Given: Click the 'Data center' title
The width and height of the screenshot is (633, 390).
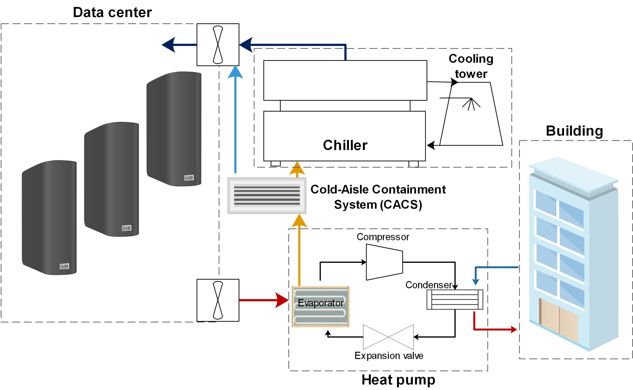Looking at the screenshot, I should click(x=112, y=12).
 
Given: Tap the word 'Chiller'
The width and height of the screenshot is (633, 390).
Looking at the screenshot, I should click(x=345, y=145).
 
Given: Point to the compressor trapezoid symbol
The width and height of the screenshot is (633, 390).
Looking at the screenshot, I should click(x=384, y=262).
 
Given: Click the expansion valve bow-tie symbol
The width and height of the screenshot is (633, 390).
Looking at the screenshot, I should click(x=388, y=337).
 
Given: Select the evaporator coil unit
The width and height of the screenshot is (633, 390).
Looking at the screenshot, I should click(x=320, y=306).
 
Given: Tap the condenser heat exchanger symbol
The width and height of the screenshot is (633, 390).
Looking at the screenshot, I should click(x=455, y=299).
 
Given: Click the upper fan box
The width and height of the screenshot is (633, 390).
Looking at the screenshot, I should click(x=218, y=45).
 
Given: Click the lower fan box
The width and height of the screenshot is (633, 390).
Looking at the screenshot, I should click(x=218, y=300).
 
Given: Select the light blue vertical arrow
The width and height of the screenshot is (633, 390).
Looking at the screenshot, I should click(x=235, y=121).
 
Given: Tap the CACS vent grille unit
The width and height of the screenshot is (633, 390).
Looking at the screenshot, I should click(x=267, y=195).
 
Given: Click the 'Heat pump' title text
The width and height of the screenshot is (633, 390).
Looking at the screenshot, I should click(x=398, y=380).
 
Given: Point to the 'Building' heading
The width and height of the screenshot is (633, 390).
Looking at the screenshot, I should click(x=574, y=131).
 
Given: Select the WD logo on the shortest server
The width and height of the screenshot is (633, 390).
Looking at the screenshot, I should click(x=64, y=267).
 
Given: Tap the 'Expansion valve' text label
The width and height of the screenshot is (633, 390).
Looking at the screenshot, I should click(x=389, y=356).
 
